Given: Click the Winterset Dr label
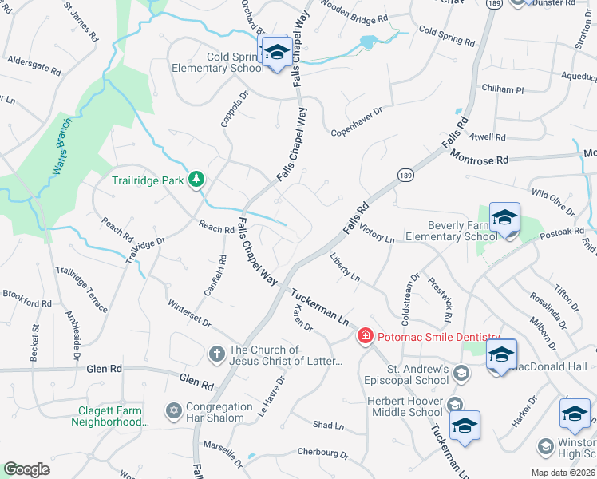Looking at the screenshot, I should click(189, 313).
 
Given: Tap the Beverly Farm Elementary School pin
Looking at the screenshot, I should click(504, 219).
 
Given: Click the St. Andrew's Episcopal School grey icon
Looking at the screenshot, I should click(461, 373).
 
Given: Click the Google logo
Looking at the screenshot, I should click(26, 469).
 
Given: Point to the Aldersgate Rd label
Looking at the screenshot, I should click(34, 65).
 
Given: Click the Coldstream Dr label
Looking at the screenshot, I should click(414, 299).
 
